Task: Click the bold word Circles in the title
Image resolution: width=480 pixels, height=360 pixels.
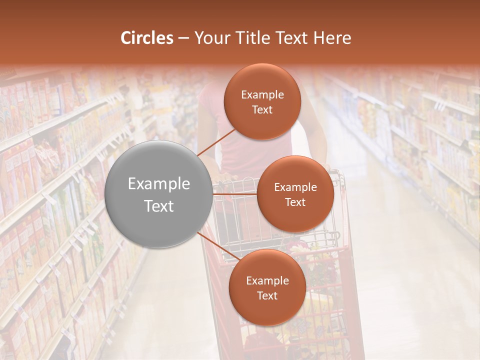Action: coord(147,38)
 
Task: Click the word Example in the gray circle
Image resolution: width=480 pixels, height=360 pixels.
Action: coord(159,184)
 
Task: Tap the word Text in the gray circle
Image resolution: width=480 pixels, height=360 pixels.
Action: coord(159,206)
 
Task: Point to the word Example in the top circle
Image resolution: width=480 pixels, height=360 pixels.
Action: coord(262,95)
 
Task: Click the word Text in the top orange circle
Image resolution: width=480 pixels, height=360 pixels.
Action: coord(262,110)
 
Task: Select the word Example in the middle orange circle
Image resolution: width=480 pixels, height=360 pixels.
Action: coord(295,187)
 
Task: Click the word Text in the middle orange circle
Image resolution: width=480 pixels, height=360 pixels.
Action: coord(295,202)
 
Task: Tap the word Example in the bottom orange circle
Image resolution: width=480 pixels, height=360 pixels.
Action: coord(267,281)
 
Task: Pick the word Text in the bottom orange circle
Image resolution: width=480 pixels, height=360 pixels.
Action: coord(267,296)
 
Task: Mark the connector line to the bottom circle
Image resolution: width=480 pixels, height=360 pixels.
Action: coord(218,245)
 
